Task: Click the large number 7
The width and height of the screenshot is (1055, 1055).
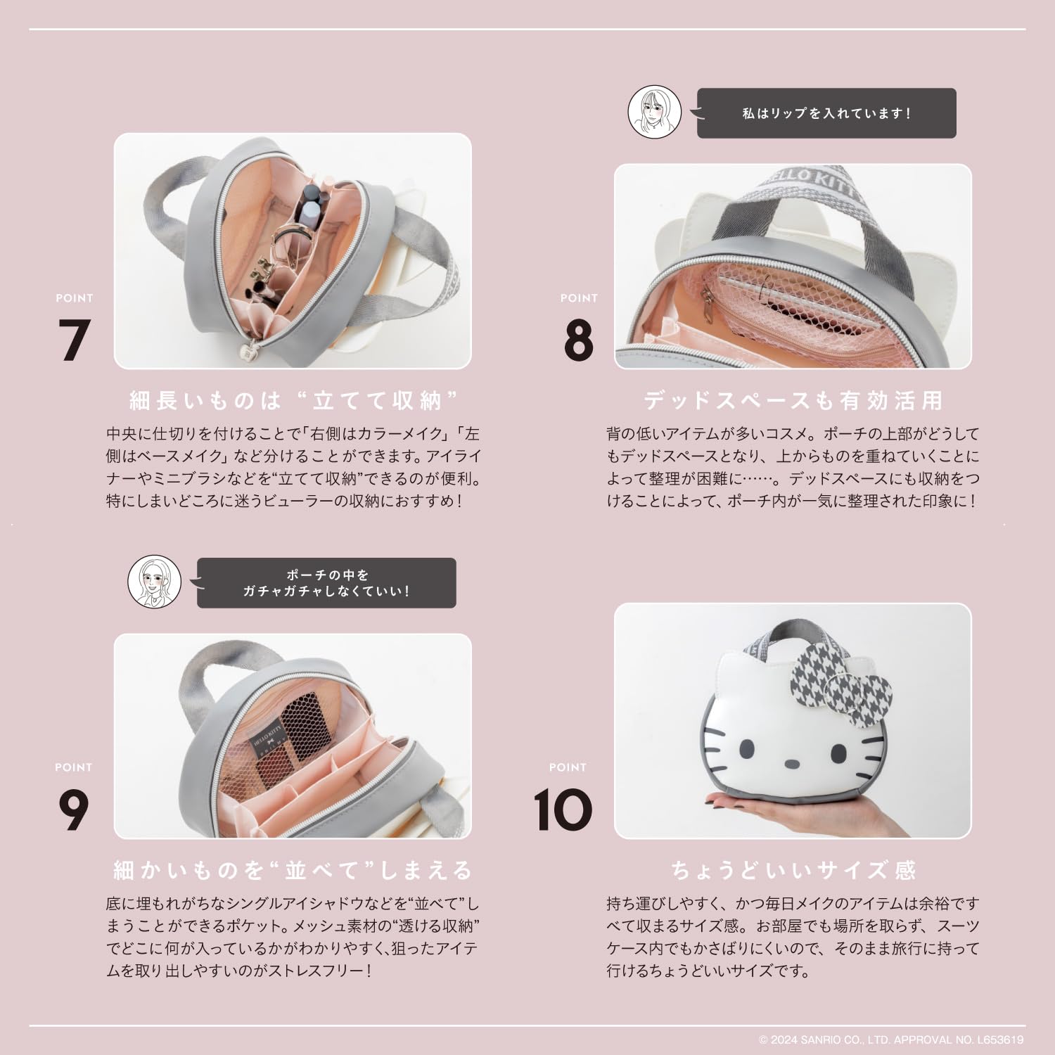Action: tap(73, 340)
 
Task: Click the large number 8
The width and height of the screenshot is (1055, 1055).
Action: tap(578, 340)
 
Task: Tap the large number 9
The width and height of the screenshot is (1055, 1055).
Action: tap(73, 810)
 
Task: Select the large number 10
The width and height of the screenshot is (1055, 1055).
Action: tap(563, 810)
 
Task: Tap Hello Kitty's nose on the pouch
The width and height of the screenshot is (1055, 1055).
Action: tap(791, 762)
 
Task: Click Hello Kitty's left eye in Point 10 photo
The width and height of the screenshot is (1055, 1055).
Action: tap(746, 748)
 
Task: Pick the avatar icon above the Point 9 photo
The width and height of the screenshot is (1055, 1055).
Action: tap(154, 583)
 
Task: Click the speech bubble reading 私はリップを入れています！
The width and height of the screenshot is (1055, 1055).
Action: tap(826, 113)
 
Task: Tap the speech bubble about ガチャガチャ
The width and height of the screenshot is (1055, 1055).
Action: tap(326, 583)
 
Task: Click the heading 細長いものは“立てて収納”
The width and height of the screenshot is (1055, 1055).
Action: tap(293, 401)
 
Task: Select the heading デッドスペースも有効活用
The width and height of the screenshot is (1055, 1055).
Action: tap(793, 401)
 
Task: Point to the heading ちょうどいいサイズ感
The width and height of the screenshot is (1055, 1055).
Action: tap(793, 870)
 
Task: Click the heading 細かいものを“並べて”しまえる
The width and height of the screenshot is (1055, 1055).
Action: tap(293, 870)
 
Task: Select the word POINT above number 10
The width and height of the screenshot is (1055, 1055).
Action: tap(567, 767)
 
